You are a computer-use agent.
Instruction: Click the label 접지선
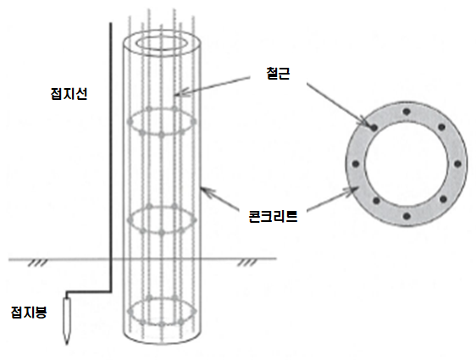69,93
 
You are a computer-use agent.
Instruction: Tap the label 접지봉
29,312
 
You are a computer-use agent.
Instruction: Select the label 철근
278,74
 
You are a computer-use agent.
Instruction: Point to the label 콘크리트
273,217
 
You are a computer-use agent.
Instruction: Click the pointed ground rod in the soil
67,320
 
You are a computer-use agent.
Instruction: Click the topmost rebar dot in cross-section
407,112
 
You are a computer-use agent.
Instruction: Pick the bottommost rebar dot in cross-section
407,217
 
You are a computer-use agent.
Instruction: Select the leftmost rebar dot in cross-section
356,164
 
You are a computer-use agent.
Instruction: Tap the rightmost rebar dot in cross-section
457,164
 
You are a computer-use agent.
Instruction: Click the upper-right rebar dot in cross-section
442,127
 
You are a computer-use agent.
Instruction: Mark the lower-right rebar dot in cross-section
443,199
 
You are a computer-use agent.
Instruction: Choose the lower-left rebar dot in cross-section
376,201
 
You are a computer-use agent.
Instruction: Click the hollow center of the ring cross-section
407,164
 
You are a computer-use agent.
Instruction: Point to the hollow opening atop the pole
162,43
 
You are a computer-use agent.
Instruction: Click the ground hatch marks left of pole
38,263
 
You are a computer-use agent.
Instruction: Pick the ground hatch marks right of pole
247,263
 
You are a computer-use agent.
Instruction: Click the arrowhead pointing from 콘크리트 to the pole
207,191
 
